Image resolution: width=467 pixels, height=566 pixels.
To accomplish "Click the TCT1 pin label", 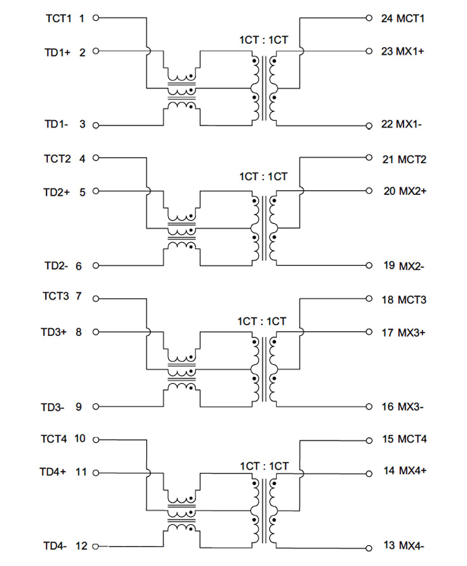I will pyautogui.click(x=57, y=18).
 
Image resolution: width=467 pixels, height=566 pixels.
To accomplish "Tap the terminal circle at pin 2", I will pyautogui.click(x=95, y=51).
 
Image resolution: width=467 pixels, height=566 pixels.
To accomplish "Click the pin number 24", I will pyautogui.click(x=387, y=18).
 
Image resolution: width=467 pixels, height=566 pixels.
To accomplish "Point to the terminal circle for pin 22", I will pyautogui.click(x=368, y=125).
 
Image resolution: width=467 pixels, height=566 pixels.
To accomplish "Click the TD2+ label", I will pyautogui.click(x=57, y=192).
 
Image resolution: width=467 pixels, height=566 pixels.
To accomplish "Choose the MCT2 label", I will pyautogui.click(x=413, y=160).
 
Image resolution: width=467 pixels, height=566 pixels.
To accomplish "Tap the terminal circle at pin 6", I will pyautogui.click(x=95, y=266).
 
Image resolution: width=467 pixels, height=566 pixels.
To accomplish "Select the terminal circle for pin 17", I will pyautogui.click(x=368, y=332).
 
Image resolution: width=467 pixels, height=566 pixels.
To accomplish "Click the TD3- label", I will pyautogui.click(x=53, y=407).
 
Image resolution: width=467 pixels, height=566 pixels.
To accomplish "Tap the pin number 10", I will pyautogui.click(x=80, y=439).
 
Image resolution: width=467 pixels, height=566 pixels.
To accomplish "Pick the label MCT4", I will pyautogui.click(x=413, y=439).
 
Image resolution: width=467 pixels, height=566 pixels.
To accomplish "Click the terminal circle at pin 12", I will pyautogui.click(x=95, y=546).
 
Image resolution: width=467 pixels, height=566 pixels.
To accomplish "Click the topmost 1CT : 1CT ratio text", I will pyautogui.click(x=264, y=40).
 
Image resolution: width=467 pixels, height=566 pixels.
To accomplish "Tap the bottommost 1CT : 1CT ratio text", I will pyautogui.click(x=264, y=466).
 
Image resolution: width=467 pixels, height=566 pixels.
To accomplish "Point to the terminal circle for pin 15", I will pyautogui.click(x=368, y=440).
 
